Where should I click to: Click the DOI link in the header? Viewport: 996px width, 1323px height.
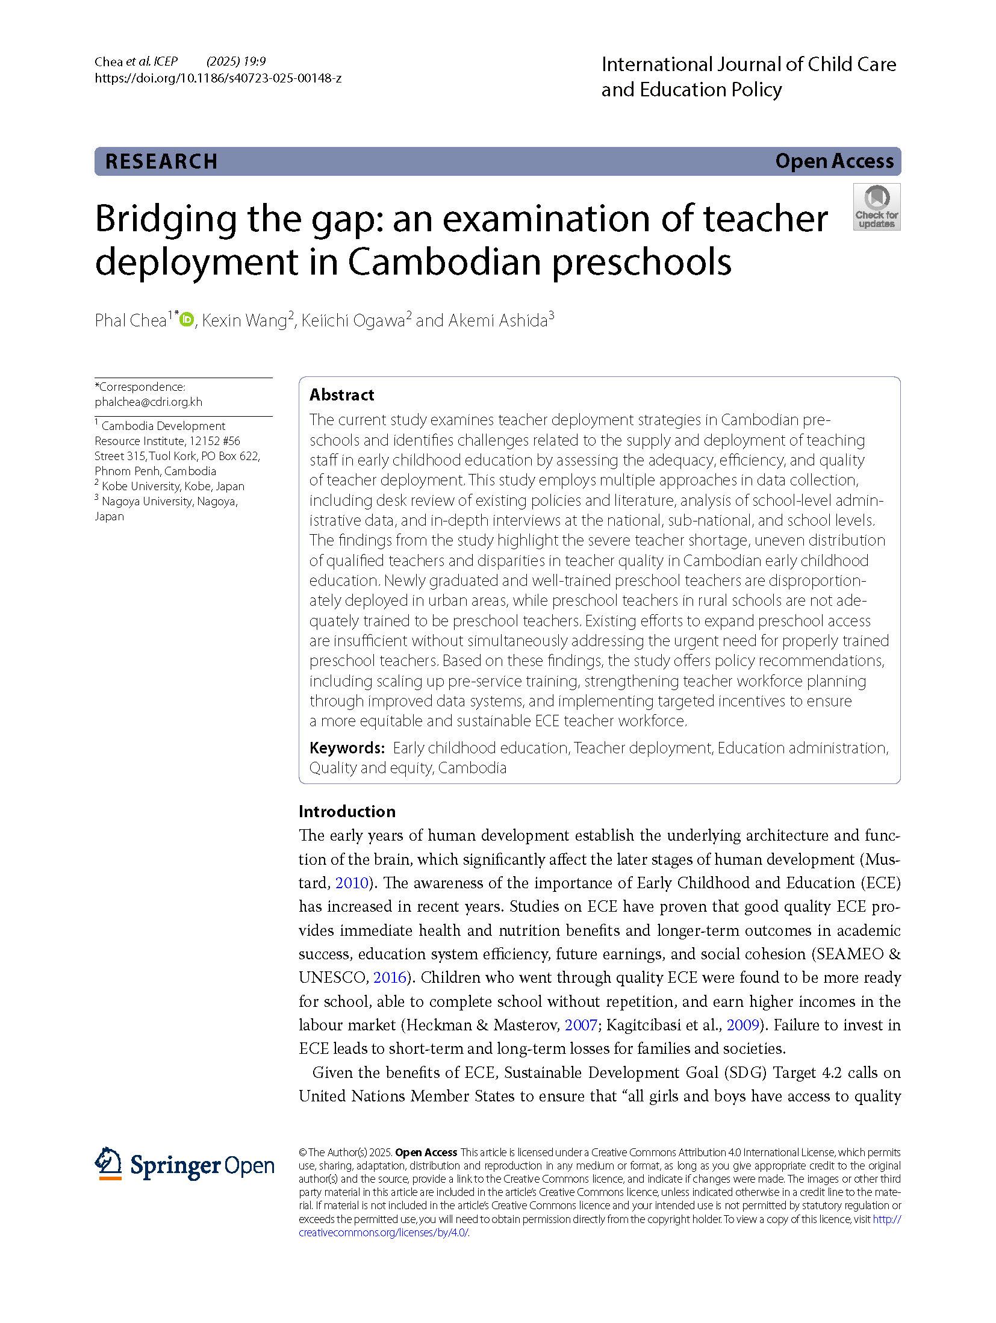217,78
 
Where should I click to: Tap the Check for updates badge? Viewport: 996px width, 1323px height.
876,207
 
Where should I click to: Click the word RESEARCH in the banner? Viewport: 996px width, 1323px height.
161,161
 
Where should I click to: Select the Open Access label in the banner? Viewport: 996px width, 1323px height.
834,161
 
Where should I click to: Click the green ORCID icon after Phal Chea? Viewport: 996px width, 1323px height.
187,320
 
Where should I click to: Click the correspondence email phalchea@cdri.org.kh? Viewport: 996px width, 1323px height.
148,402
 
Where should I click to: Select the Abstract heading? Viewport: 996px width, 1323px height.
341,395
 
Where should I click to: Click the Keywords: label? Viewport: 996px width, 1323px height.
347,748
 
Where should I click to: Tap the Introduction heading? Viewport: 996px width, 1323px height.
347,811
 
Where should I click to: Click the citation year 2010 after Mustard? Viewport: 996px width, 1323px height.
351,883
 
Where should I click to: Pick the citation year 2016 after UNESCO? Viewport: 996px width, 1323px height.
390,977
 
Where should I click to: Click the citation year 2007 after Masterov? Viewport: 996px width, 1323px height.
580,1025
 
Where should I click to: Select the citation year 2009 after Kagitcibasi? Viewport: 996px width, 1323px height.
742,1025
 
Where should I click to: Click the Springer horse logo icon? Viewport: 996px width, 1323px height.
108,1163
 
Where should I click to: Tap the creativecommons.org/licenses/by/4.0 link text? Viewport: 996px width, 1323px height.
383,1232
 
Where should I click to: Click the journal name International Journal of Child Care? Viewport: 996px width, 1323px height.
748,64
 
